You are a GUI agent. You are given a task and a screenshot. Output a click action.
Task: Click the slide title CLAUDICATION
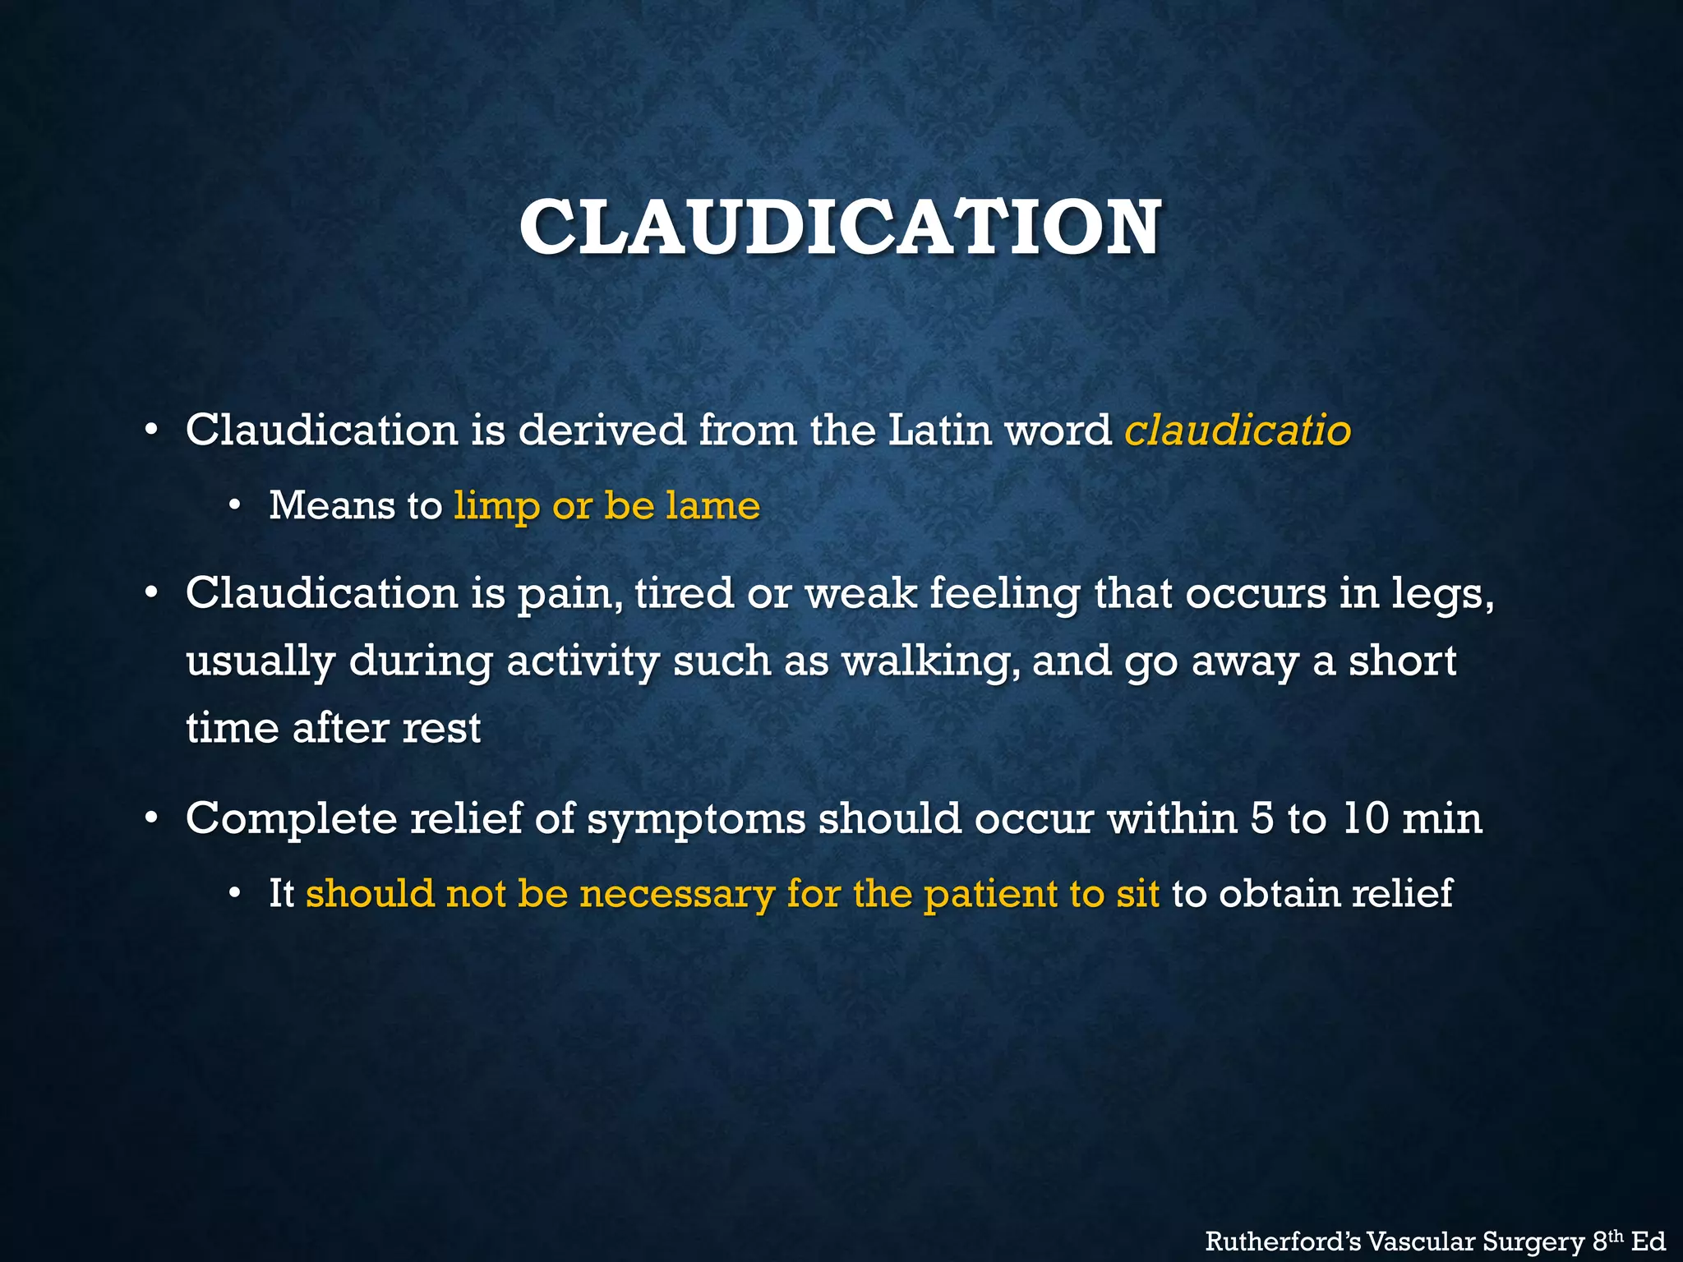pyautogui.click(x=840, y=228)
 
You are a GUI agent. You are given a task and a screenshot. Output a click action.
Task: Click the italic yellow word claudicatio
pyautogui.click(x=1237, y=430)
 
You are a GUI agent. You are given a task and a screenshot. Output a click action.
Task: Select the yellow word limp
pyautogui.click(x=496, y=505)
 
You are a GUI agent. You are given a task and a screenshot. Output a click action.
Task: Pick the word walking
pyautogui.click(x=924, y=661)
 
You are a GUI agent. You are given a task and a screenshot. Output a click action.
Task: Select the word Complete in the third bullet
pyautogui.click(x=291, y=818)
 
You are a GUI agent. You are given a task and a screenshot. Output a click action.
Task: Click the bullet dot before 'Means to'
pyautogui.click(x=235, y=506)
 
